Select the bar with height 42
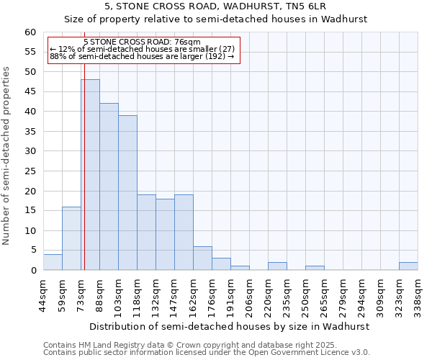(x=109, y=186)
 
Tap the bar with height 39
(x=127, y=193)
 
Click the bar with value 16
(x=71, y=238)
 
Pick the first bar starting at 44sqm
(x=53, y=262)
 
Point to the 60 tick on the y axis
(x=30, y=32)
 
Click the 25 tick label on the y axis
(x=30, y=171)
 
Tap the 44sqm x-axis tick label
(x=44, y=293)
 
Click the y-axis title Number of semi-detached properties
(x=7, y=156)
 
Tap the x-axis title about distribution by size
(x=230, y=326)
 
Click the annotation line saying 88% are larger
(x=142, y=56)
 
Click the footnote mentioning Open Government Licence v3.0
(x=207, y=353)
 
